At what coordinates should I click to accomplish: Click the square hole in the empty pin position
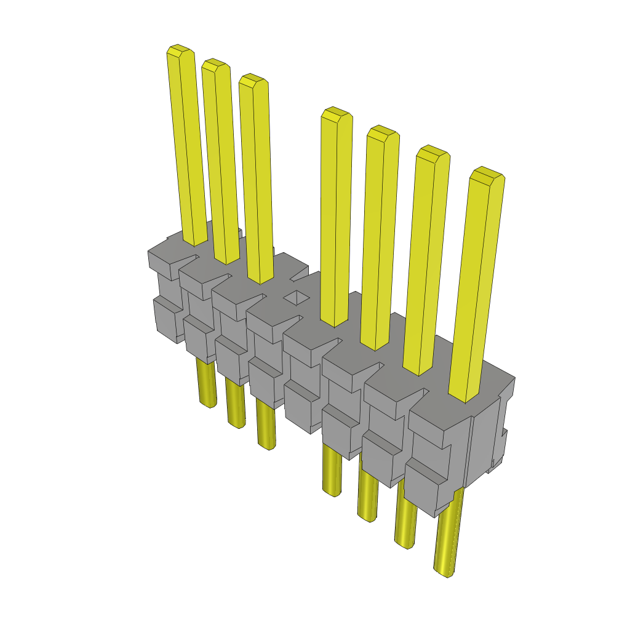(297, 298)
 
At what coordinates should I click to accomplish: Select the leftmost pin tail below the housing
(207, 385)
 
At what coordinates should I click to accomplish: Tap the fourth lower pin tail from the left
(332, 471)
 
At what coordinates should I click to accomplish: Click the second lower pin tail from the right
(405, 517)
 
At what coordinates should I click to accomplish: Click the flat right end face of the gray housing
(482, 443)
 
